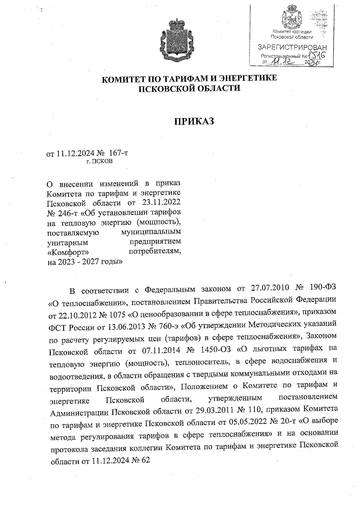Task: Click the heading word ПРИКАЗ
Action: tap(194, 121)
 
